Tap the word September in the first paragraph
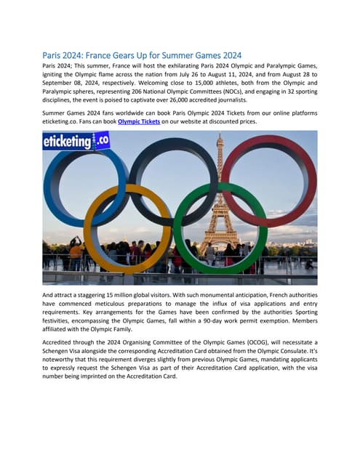coord(62,84)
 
